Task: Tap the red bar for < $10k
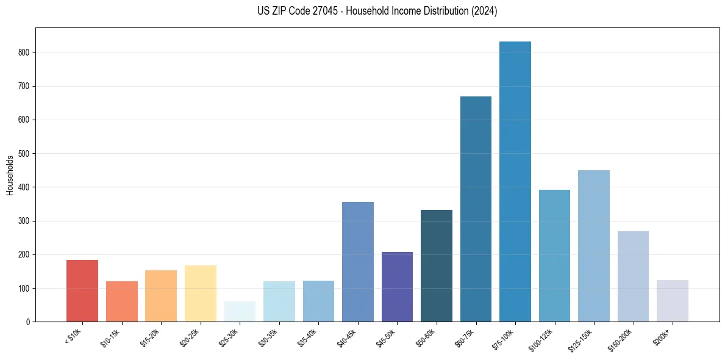tap(82, 290)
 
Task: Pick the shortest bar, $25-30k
tap(240, 311)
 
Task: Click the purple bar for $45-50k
tap(397, 286)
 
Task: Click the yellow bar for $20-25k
tap(201, 293)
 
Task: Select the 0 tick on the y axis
tap(28, 322)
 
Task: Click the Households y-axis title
tap(10, 175)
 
